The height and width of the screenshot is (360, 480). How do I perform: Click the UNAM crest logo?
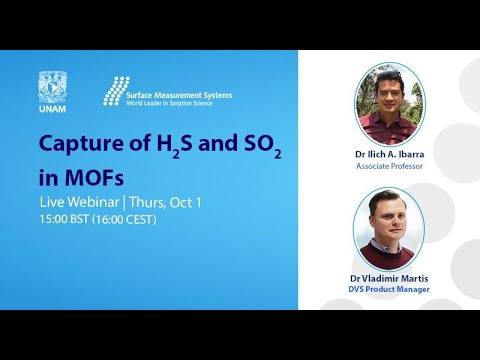click(x=53, y=84)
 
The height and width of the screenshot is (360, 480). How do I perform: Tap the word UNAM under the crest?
click(x=53, y=105)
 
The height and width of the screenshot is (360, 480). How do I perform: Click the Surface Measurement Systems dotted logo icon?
click(x=116, y=90)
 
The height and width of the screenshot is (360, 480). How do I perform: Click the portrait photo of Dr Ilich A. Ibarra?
click(x=390, y=104)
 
